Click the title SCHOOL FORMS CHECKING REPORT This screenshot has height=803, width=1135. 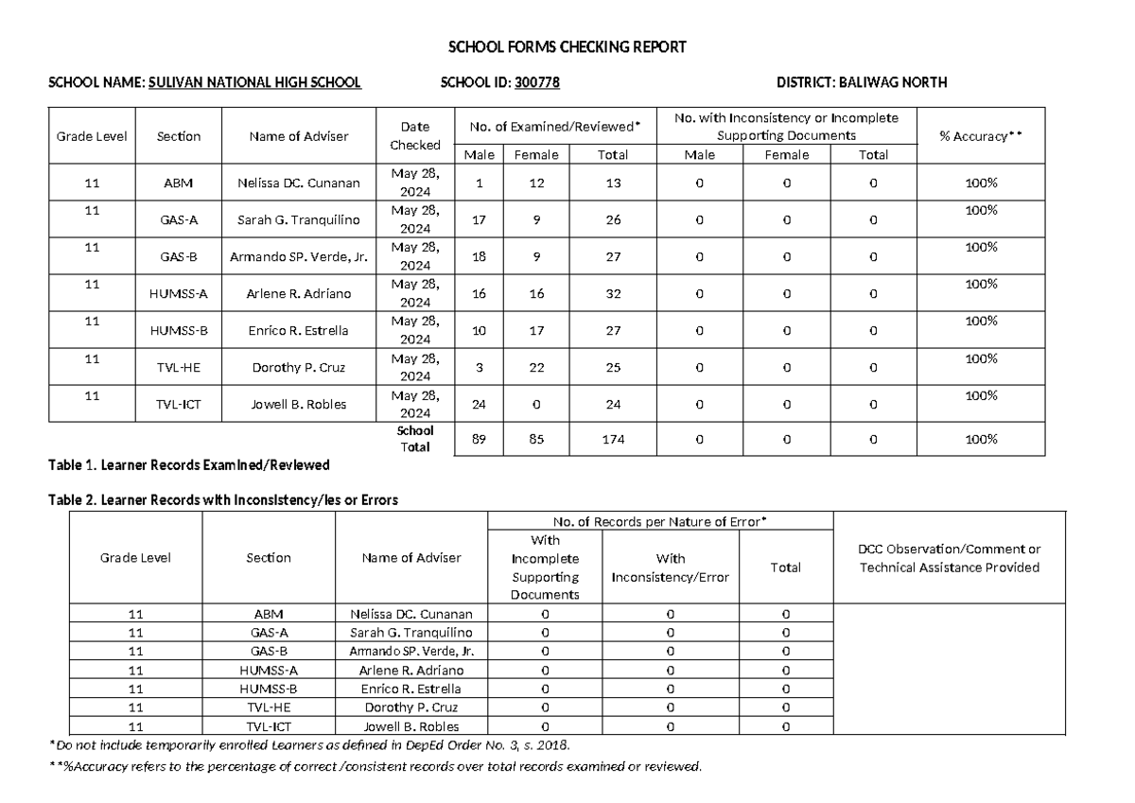[x=567, y=47]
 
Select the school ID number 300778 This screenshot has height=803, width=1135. [x=537, y=83]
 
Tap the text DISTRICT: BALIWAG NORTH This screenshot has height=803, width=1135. [x=861, y=83]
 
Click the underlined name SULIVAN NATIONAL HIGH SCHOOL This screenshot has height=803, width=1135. [x=254, y=83]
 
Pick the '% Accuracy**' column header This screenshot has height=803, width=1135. [x=980, y=136]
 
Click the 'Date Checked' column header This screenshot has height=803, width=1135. [x=415, y=136]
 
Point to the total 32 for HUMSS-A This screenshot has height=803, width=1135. [x=613, y=294]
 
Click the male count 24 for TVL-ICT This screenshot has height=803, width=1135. [x=479, y=405]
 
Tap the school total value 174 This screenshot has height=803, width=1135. [x=613, y=440]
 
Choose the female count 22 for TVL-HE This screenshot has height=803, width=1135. [x=536, y=368]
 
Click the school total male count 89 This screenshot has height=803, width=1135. [x=479, y=440]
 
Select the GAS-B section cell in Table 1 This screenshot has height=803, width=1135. [x=179, y=257]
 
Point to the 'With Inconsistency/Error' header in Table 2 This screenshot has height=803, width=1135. [x=671, y=567]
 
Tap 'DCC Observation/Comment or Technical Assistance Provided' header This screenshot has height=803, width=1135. [x=949, y=558]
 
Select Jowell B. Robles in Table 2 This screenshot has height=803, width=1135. [x=411, y=727]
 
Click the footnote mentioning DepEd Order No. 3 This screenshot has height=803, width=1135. [x=309, y=744]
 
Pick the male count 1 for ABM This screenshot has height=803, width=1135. [x=479, y=183]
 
